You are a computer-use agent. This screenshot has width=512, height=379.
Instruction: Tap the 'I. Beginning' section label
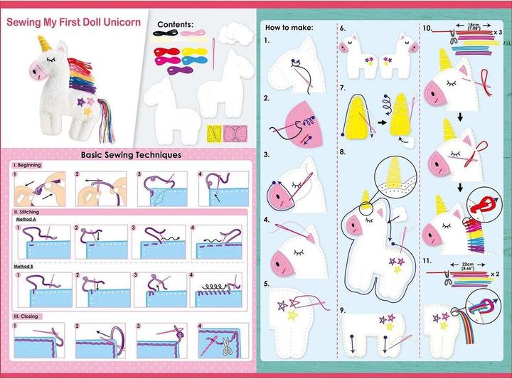point(27,166)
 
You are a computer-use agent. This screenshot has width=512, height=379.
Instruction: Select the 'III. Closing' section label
point(26,316)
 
